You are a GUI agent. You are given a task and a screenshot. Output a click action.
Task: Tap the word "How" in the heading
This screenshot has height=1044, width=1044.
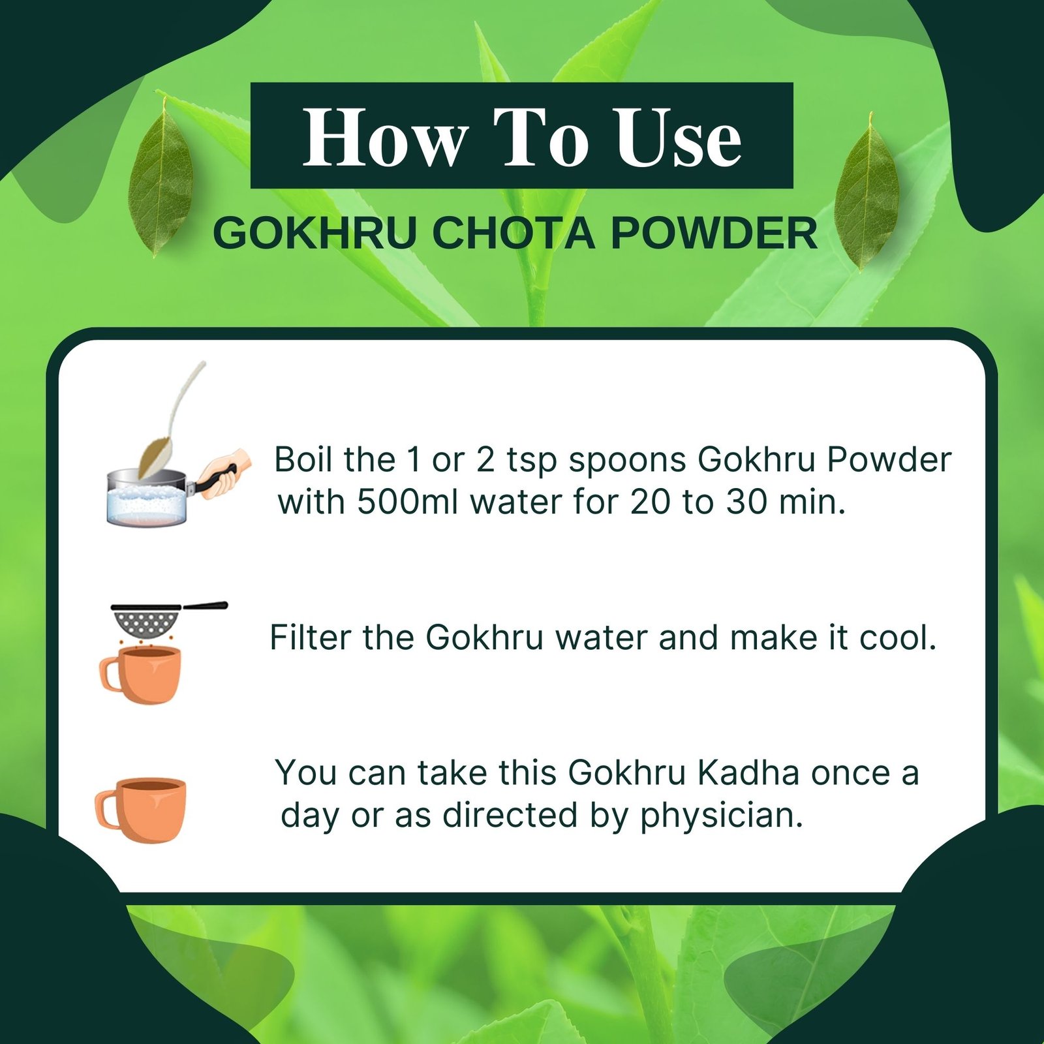[x=385, y=138]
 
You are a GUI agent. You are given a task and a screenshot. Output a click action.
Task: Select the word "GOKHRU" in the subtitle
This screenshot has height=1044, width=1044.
[x=315, y=233]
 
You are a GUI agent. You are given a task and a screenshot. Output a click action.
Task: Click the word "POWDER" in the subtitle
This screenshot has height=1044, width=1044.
[x=714, y=233]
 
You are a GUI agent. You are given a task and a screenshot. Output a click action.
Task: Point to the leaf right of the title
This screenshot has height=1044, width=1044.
[x=867, y=192]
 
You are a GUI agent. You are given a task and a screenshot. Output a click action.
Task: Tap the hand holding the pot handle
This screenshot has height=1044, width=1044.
[x=226, y=473]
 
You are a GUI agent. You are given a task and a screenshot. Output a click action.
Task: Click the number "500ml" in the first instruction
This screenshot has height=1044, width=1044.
[x=407, y=502]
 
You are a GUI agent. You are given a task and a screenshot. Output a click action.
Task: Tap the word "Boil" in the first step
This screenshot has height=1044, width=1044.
[x=303, y=459]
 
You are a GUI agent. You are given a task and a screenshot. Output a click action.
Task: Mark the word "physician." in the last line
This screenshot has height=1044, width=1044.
[x=722, y=816]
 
